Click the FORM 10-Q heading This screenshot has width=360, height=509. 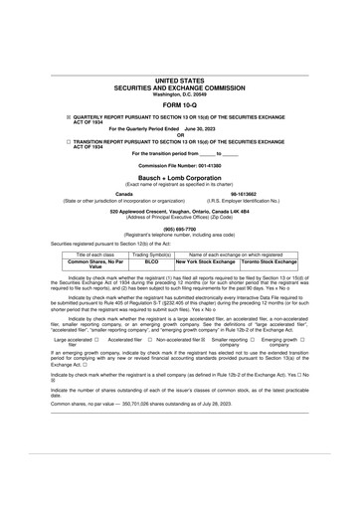point(180,104)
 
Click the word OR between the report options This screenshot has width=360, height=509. point(180,135)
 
